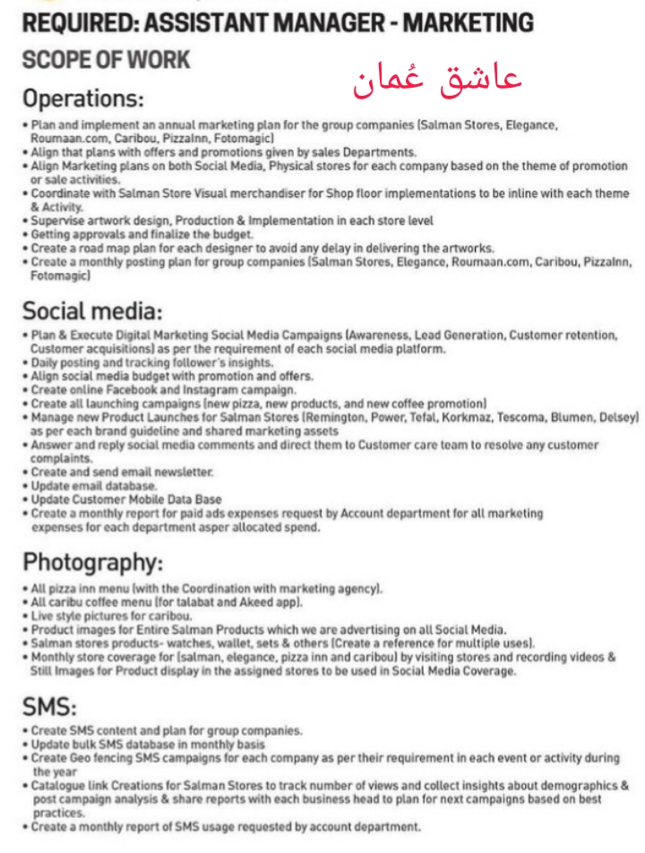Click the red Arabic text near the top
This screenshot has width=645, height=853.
tap(437, 81)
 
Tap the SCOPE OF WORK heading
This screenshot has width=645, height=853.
tap(106, 60)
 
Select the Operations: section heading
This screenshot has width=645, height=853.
tap(83, 98)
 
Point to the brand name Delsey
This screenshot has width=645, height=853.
tap(617, 417)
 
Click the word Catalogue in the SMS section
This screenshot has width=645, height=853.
tap(61, 786)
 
